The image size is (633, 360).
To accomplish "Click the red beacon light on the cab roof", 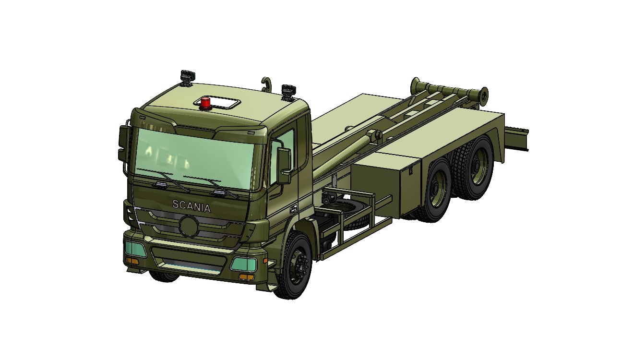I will tap(205, 103).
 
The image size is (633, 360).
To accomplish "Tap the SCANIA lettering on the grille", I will tap(191, 205).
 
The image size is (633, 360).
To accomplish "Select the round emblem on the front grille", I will tap(188, 226).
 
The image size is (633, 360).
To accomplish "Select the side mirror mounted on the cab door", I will tap(284, 165).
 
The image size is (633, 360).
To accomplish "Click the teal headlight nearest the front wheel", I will tap(244, 263).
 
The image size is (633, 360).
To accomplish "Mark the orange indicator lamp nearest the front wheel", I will tap(246, 277).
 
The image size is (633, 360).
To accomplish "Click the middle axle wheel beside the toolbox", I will tap(439, 190).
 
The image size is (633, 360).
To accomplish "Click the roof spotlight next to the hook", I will tap(288, 91).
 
